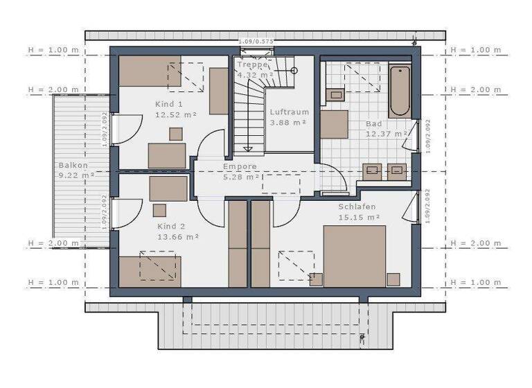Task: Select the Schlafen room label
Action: click(x=357, y=207)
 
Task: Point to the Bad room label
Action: click(x=373, y=124)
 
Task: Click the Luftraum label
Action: click(x=289, y=112)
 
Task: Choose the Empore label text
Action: click(x=240, y=167)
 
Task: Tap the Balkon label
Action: click(x=73, y=166)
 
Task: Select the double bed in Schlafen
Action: click(x=354, y=256)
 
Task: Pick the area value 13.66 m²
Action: click(x=177, y=236)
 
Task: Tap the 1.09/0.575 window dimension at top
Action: click(x=256, y=42)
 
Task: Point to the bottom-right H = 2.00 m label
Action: click(x=475, y=243)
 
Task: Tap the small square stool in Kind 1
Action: click(x=176, y=134)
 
